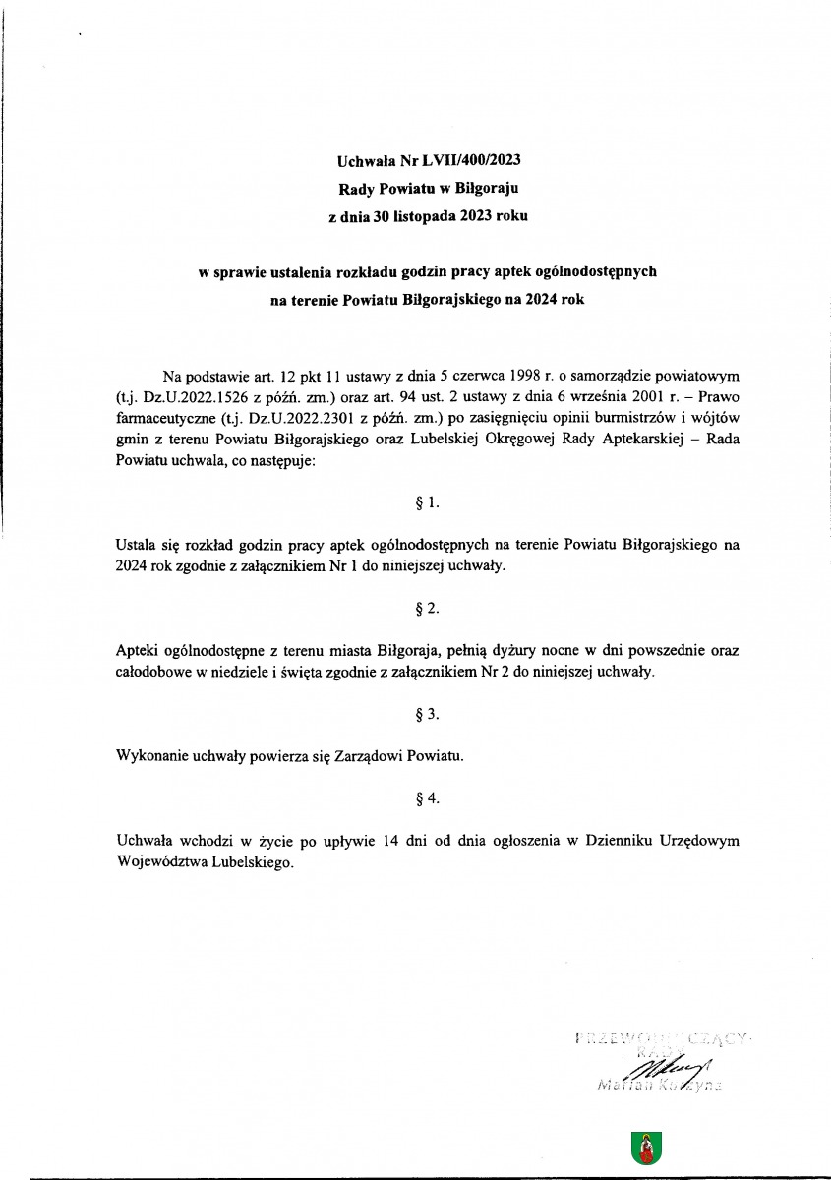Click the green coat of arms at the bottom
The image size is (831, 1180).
pyautogui.click(x=646, y=1147)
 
